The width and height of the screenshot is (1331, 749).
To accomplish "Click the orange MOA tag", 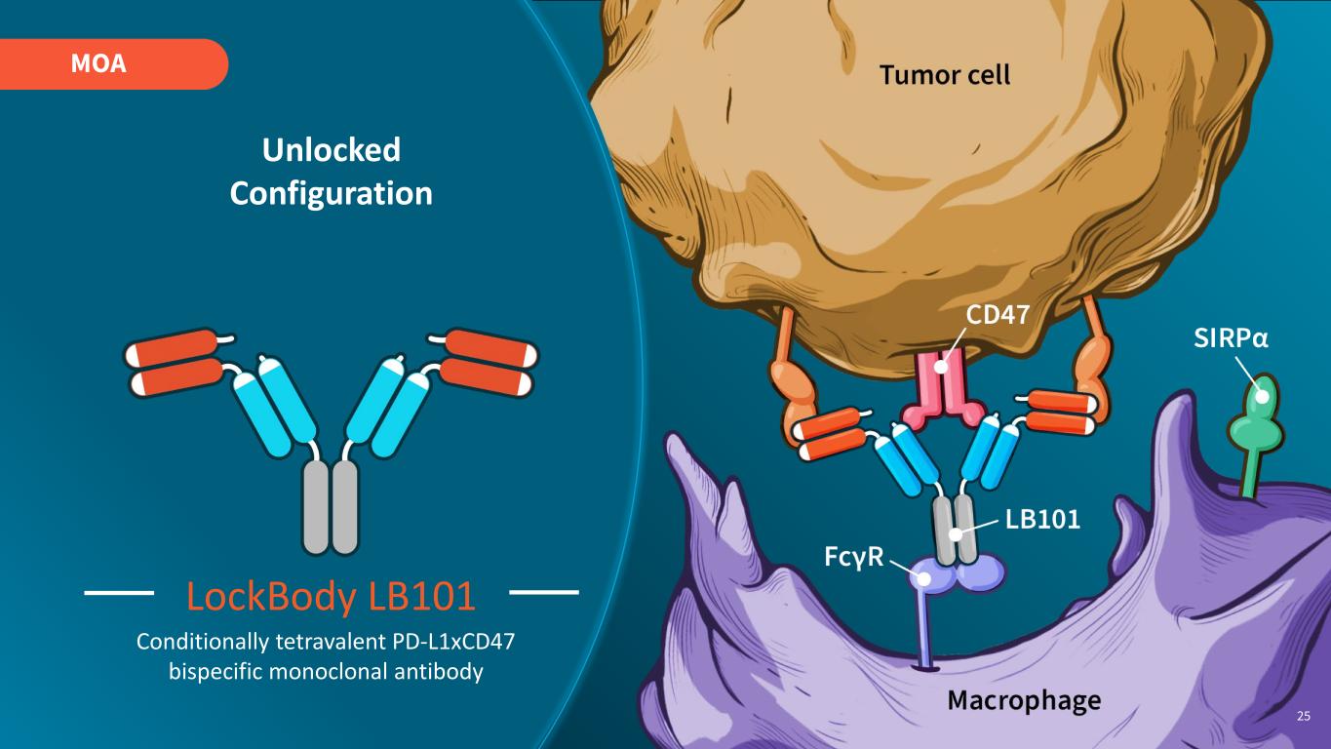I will (112, 64).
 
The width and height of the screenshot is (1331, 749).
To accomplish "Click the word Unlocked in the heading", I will (331, 150).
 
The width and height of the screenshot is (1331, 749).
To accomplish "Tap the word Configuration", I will (331, 193).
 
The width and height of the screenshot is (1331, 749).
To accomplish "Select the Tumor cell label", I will (944, 74).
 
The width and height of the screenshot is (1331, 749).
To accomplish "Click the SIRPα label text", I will (1232, 338).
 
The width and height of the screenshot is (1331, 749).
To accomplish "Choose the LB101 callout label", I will (1042, 519).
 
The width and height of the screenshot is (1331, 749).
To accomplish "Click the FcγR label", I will (855, 557).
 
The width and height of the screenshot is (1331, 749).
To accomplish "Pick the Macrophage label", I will (1024, 700).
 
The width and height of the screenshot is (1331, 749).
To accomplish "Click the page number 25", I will (1304, 717).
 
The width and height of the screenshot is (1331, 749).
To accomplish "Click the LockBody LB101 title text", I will (331, 597).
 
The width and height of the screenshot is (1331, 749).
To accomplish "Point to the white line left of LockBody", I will (120, 592).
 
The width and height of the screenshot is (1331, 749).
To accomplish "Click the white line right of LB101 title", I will (544, 592).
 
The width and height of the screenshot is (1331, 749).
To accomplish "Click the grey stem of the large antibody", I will (332, 505).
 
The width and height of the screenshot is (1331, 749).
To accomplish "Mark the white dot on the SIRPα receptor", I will (1262, 396).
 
